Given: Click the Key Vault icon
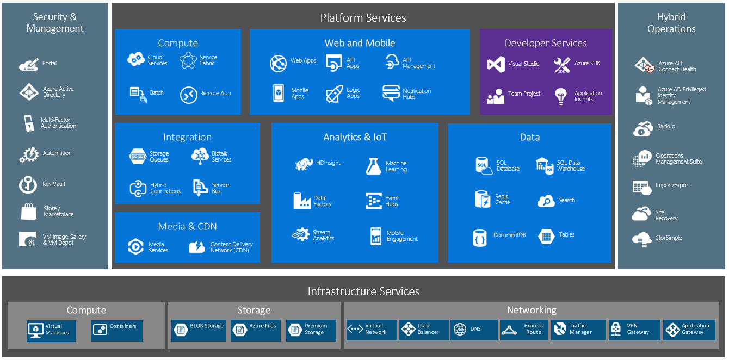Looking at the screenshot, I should click(28, 184).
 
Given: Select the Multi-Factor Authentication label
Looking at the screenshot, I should click(58, 123).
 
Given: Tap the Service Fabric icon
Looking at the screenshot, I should click(188, 60).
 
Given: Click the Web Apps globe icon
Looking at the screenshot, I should click(278, 64).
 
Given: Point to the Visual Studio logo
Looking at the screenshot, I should click(496, 64).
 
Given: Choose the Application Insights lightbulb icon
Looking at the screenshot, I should click(561, 96).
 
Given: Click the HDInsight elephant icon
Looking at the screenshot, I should click(304, 164).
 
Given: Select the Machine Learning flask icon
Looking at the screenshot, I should click(373, 166).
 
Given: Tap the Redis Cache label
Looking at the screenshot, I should click(502, 200).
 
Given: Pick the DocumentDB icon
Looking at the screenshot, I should click(479, 238).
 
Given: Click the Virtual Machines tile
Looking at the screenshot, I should click(51, 331).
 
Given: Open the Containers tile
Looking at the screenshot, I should click(116, 330).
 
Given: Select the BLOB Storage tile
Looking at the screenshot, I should click(199, 330).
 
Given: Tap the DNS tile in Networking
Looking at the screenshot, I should click(473, 330).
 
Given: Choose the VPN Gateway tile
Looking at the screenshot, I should click(634, 330).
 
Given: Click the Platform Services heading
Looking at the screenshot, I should click(363, 18).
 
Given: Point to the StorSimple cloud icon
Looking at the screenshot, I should click(642, 238).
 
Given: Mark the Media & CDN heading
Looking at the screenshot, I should click(187, 226).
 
